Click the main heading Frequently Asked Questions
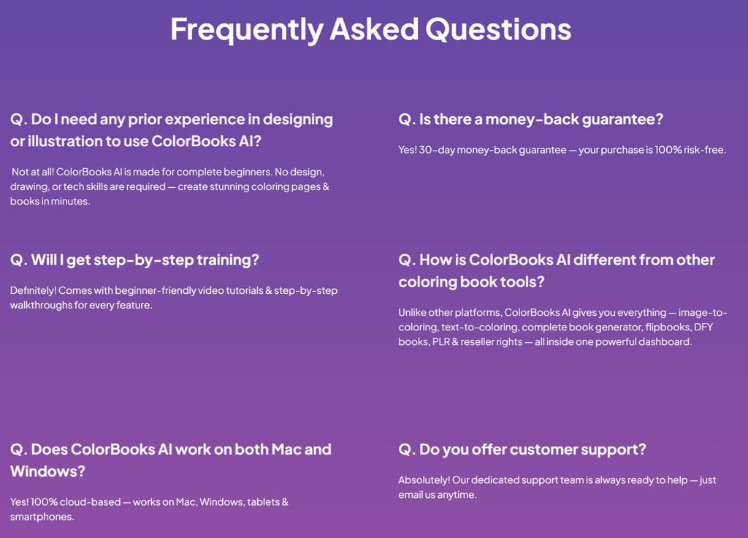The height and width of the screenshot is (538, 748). (370, 29)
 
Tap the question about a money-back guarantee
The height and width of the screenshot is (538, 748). (530, 119)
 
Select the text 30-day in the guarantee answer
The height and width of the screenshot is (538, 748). (436, 150)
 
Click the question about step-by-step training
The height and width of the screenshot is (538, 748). (134, 259)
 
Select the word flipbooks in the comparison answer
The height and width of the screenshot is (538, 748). (666, 327)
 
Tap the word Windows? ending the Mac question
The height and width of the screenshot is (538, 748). (47, 471)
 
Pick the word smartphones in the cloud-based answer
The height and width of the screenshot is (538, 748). (41, 517)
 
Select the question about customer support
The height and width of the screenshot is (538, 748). (522, 449)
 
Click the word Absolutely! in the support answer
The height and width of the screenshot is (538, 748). (424, 480)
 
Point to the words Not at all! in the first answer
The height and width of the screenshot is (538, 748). (33, 172)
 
